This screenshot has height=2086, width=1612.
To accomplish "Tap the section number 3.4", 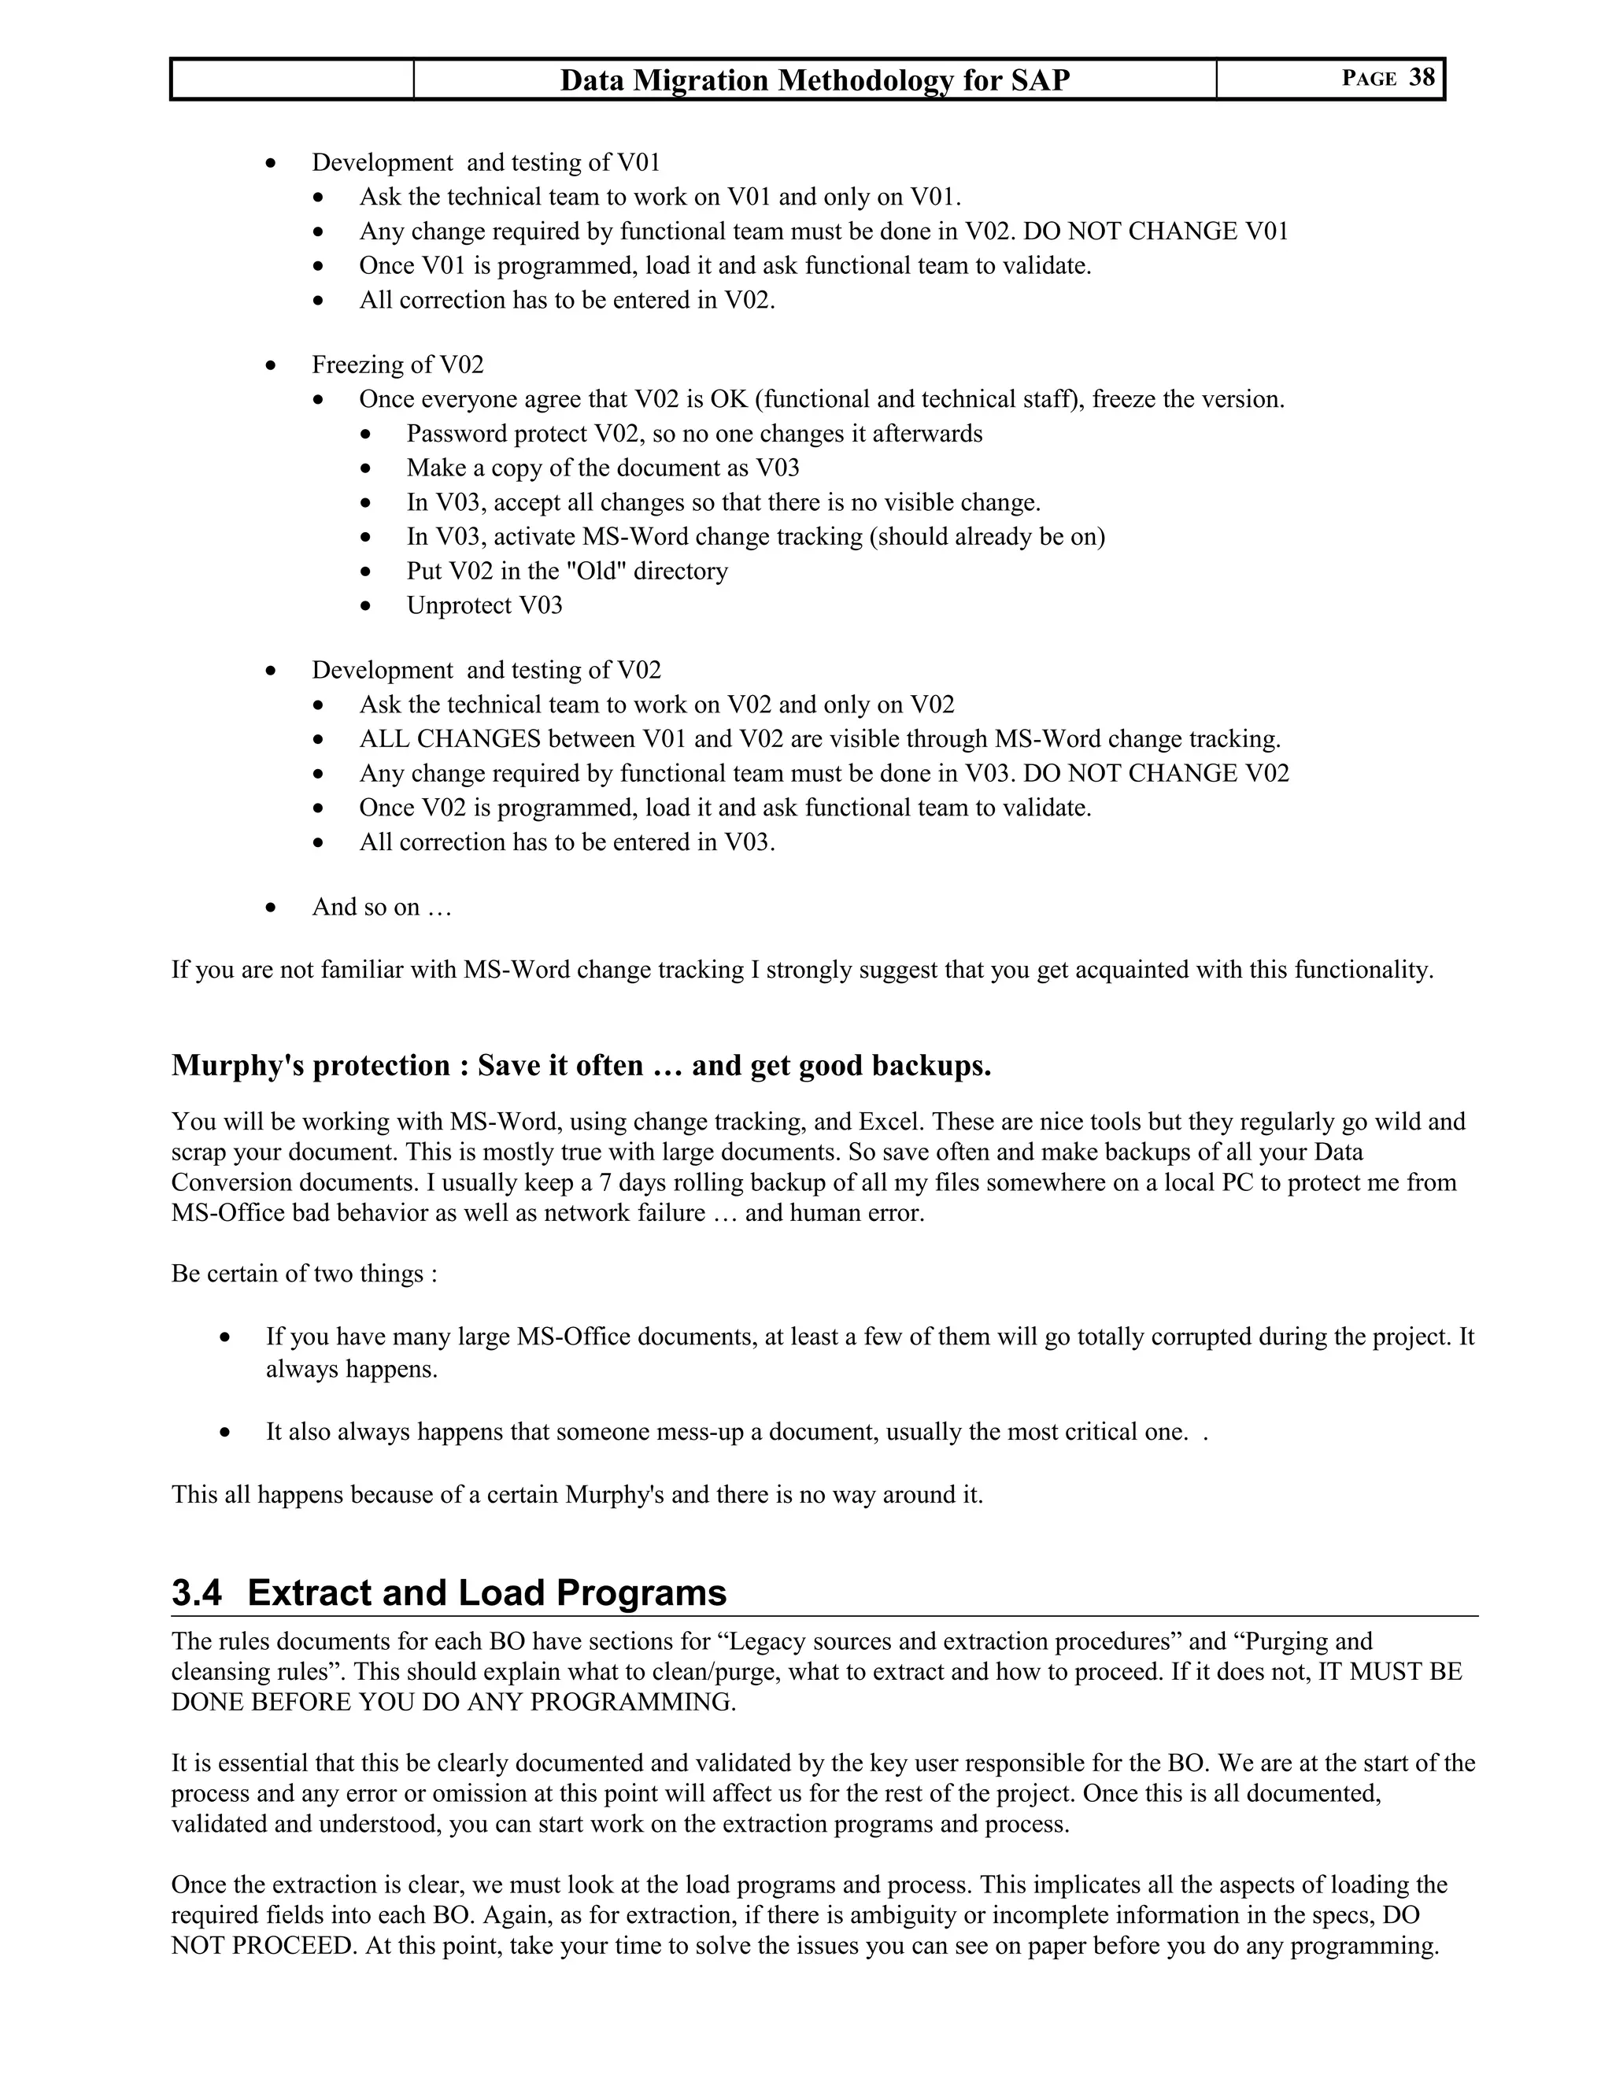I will (197, 1593).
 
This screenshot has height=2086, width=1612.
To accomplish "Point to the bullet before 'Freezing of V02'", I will (272, 366).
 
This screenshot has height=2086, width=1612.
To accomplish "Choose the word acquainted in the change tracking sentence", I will (1129, 971).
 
